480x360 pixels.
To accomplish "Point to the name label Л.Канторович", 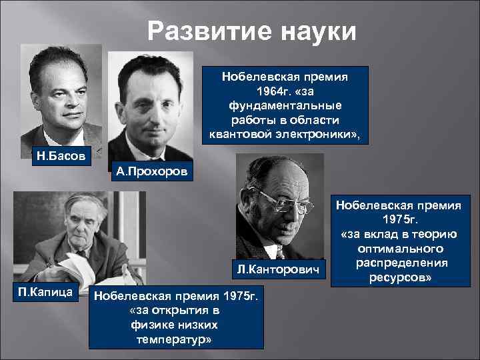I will click(279, 269).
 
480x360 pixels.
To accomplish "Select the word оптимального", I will click(399, 247).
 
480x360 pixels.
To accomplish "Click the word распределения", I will click(399, 262).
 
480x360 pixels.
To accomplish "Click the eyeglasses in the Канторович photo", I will click(283, 200).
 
